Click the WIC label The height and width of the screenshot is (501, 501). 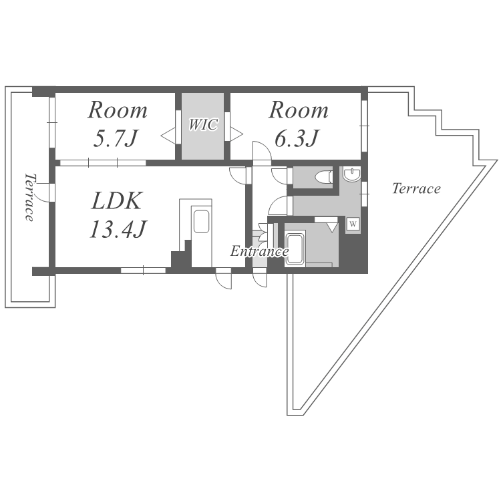pyautogui.click(x=203, y=125)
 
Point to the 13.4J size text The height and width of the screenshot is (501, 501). pyautogui.click(x=118, y=228)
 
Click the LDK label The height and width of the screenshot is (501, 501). pyautogui.click(x=118, y=200)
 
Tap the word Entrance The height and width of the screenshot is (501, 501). pyautogui.click(x=259, y=252)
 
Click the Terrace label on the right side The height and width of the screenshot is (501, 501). pyautogui.click(x=416, y=188)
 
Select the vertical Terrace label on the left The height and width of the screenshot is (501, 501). pyautogui.click(x=30, y=198)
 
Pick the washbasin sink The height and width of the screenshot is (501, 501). pyautogui.click(x=351, y=176)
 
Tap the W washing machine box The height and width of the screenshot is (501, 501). pyautogui.click(x=353, y=224)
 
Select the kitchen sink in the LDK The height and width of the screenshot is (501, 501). pyautogui.click(x=201, y=222)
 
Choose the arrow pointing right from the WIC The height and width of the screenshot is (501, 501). pyautogui.click(x=237, y=134)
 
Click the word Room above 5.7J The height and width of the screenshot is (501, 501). pyautogui.click(x=118, y=110)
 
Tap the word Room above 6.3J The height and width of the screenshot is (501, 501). pyautogui.click(x=298, y=110)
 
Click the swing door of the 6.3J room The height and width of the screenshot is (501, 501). pyautogui.click(x=263, y=154)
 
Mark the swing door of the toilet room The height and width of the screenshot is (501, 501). pyautogui.click(x=280, y=176)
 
